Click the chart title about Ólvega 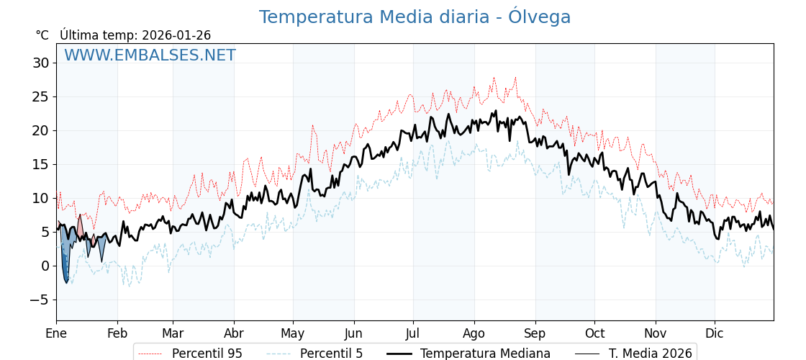tap(415, 17)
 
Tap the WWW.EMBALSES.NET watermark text tap(150, 55)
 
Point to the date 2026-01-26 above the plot tap(176, 35)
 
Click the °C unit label tap(42, 35)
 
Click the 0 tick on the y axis tap(45, 266)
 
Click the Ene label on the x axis tap(56, 333)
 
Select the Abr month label tap(234, 333)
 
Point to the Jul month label tap(413, 333)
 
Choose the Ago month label tap(474, 333)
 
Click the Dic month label tap(715, 333)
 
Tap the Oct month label tap(594, 333)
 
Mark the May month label tap(293, 333)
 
